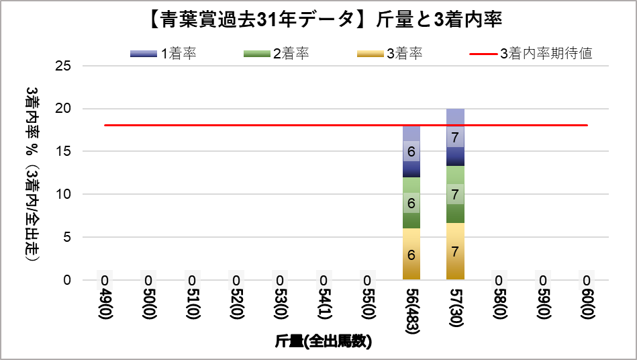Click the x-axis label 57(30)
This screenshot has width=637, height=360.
455,305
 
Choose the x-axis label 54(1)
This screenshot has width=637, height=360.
324,303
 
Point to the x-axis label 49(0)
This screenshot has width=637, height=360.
105,303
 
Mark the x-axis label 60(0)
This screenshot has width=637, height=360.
587,303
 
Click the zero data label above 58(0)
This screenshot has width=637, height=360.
499,280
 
